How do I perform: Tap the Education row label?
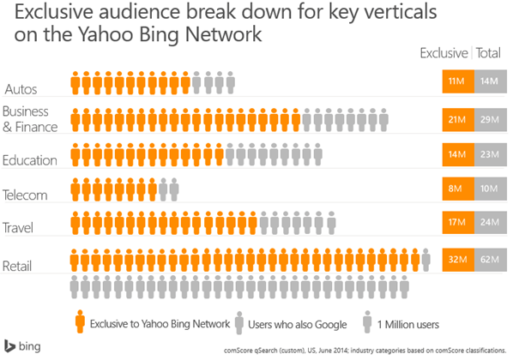point(30,160)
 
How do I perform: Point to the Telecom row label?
point(26,195)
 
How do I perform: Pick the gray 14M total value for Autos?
point(488,82)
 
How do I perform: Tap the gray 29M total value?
point(488,118)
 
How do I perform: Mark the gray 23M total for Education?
point(488,154)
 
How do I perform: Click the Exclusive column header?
point(443,53)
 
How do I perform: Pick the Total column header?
point(489,53)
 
